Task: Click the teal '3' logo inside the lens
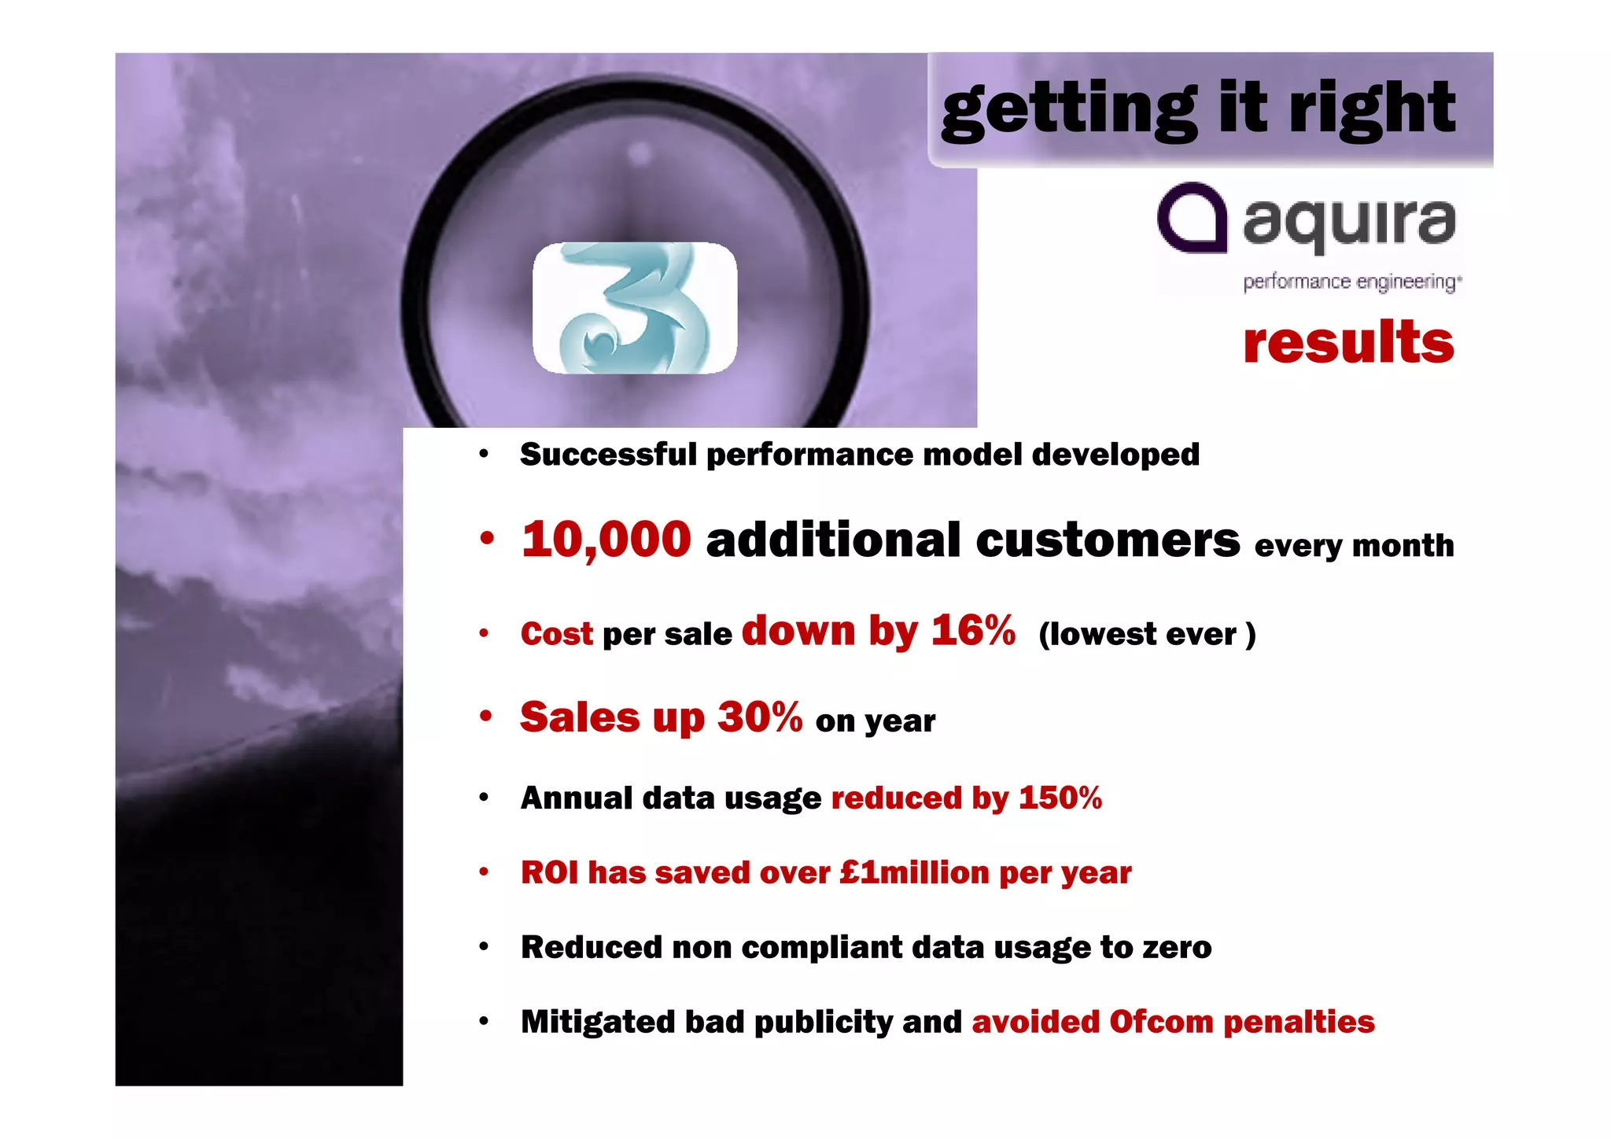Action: [635, 308]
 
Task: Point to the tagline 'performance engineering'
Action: [1351, 282]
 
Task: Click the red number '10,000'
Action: [606, 540]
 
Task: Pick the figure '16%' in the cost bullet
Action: [973, 630]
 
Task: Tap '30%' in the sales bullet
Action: [759, 717]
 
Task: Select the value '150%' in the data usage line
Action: [1060, 798]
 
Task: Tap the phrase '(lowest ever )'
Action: [1146, 634]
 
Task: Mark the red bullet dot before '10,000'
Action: [487, 539]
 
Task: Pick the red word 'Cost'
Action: [556, 634]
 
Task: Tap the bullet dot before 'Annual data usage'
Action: [484, 798]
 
